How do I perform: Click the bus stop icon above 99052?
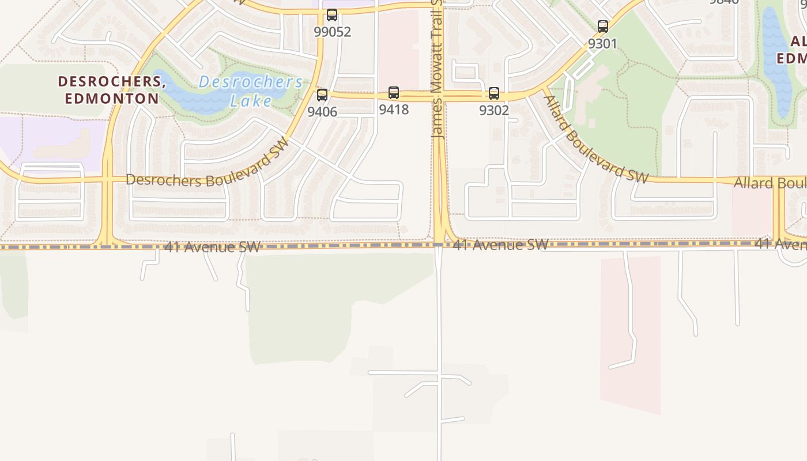coord(332,15)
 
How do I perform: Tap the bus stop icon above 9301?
coord(603,26)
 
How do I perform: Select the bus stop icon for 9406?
coord(322,95)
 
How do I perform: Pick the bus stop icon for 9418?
coord(394,92)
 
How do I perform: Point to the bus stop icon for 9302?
coord(494,93)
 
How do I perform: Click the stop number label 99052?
coord(333,32)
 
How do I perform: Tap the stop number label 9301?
coord(603,43)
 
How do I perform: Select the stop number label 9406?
coord(322,112)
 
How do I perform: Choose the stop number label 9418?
coord(394,109)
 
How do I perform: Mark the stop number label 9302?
coord(494,110)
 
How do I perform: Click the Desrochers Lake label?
coord(250,91)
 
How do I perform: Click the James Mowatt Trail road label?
coord(437,69)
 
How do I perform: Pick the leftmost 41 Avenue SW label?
coord(212,247)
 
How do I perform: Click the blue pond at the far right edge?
coord(775,63)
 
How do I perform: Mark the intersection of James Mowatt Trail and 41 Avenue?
coord(439,245)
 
